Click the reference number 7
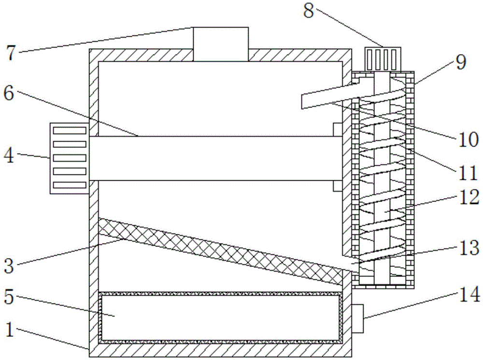11,52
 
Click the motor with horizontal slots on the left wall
69,158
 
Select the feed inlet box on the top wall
221,44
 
